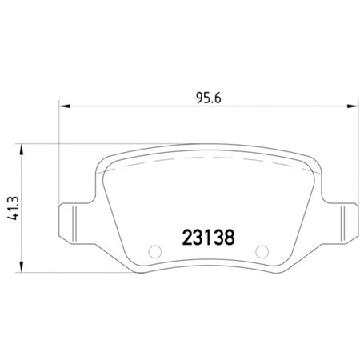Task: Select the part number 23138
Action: tap(207, 238)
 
